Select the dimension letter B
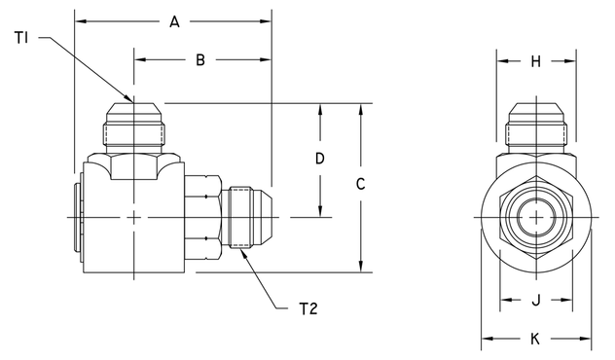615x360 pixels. point(200,60)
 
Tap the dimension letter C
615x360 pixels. point(360,184)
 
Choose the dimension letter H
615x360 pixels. point(536,62)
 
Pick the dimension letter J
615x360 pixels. point(536,300)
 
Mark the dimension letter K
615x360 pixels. point(536,340)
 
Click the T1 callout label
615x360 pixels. point(23,37)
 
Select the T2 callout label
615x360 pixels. point(308,309)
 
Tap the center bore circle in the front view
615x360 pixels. point(536,217)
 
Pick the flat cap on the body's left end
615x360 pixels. point(77,216)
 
